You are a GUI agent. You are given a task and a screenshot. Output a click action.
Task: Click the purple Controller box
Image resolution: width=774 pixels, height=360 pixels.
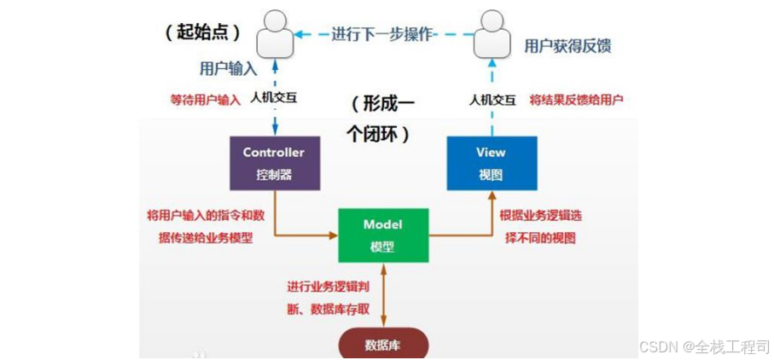point(274,163)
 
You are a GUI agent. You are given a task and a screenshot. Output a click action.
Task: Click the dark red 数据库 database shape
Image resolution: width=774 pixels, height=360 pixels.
point(383,345)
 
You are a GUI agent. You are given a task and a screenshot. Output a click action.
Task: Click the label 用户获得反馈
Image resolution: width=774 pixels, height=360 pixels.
point(567,45)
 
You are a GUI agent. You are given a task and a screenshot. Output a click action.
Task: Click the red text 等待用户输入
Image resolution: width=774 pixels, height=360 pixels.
point(206,99)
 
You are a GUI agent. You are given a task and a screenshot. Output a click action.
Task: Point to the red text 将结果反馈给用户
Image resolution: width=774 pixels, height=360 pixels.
point(576,99)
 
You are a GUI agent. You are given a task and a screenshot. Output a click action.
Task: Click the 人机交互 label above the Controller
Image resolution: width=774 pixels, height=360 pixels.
point(273,99)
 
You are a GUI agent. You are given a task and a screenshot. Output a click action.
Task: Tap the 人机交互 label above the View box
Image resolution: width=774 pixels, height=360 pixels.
point(492,99)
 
